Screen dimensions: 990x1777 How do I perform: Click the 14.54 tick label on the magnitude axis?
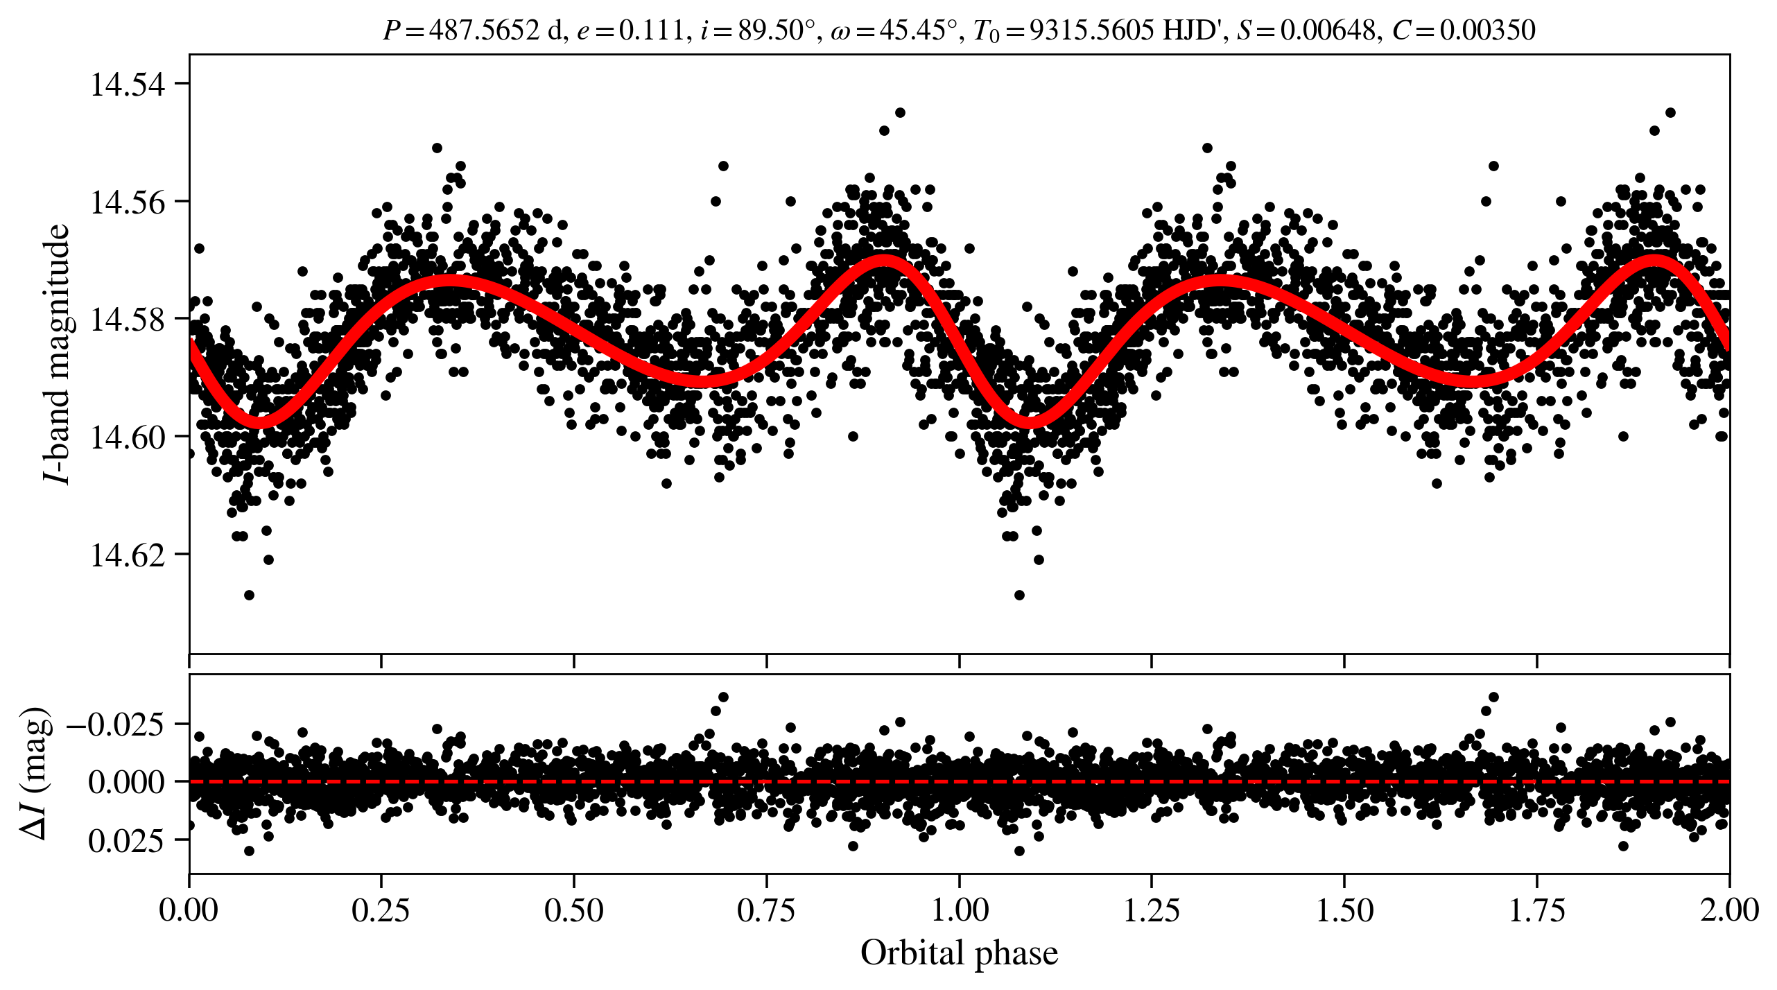click(128, 85)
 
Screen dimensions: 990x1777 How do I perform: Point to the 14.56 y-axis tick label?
click(128, 202)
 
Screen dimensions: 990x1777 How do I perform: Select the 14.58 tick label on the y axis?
click(128, 320)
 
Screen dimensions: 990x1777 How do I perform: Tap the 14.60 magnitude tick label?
click(128, 437)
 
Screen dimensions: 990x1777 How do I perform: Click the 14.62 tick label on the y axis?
click(128, 555)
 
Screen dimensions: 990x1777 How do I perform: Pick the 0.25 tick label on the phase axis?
click(381, 910)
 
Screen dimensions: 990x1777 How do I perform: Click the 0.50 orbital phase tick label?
click(573, 910)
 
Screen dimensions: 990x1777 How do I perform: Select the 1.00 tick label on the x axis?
click(959, 910)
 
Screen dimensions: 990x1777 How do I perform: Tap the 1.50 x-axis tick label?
click(1344, 910)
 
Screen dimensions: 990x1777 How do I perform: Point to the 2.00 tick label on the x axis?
click(1728, 910)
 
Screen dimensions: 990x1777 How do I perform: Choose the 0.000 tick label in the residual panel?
click(127, 782)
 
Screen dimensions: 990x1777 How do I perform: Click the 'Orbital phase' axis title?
click(959, 953)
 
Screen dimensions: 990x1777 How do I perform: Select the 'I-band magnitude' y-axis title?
click(57, 354)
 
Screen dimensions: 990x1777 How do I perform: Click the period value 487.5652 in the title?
click(484, 30)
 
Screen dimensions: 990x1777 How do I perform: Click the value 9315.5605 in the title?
click(1092, 30)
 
